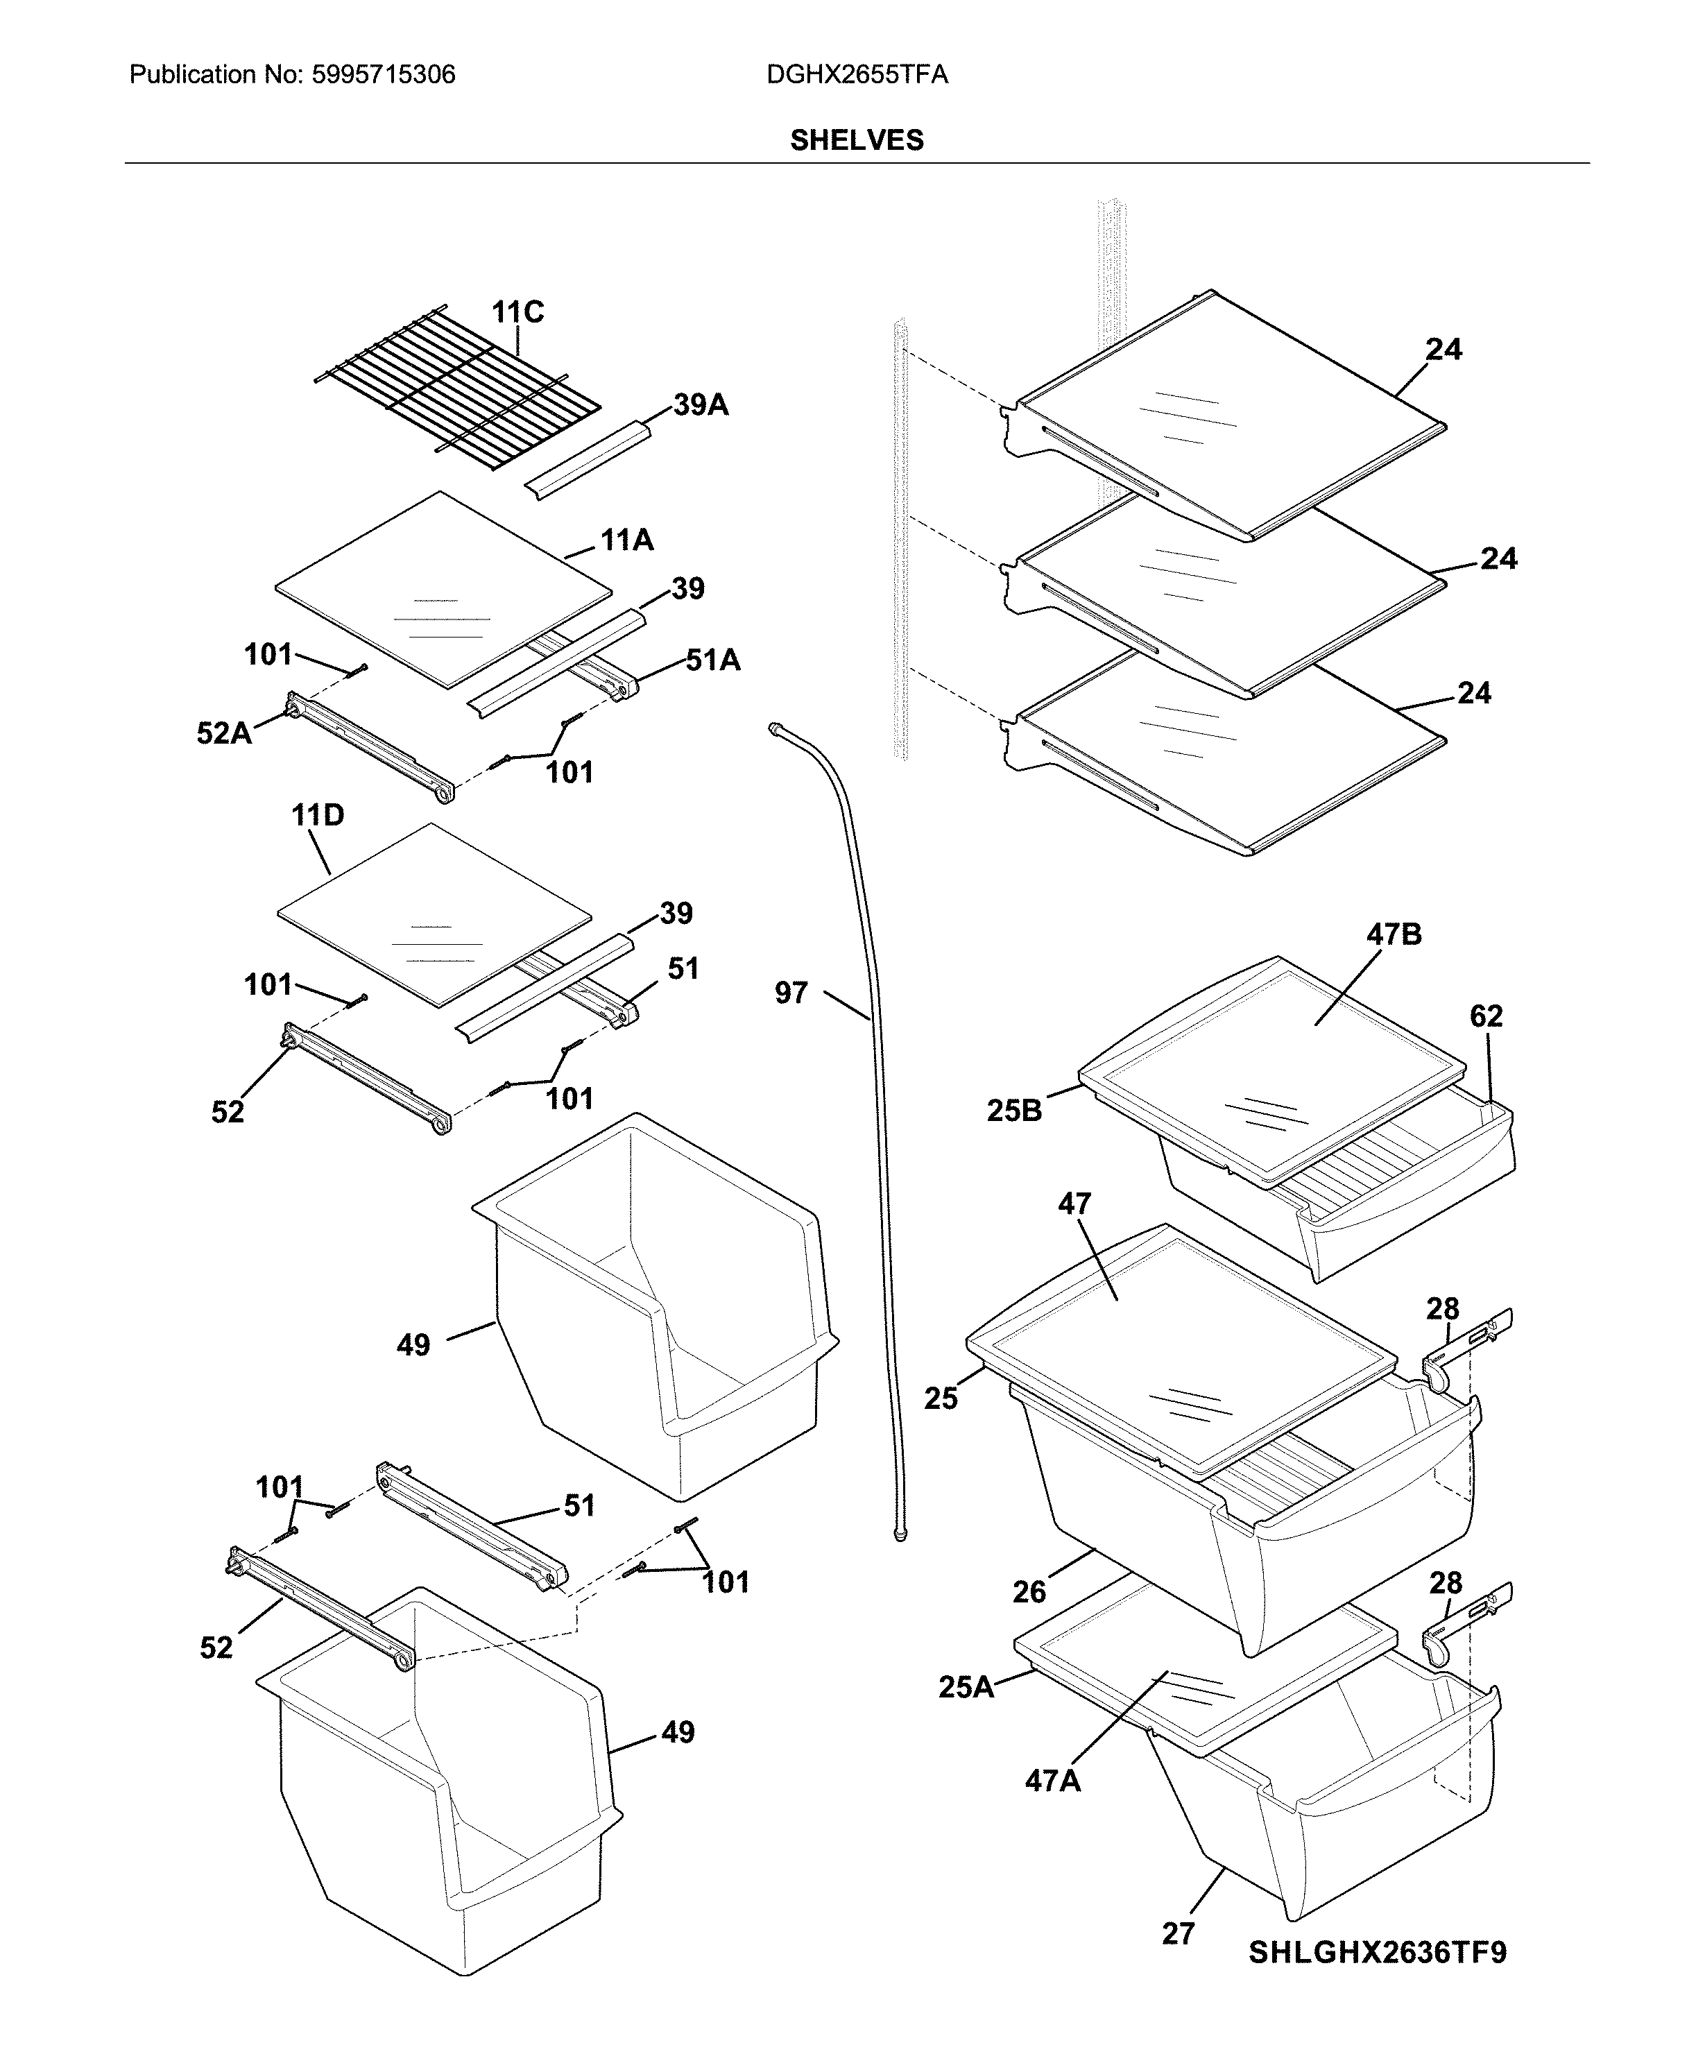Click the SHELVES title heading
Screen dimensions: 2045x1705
(x=856, y=140)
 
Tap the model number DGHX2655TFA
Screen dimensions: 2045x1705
(x=856, y=75)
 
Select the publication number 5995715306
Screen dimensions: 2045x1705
(x=383, y=75)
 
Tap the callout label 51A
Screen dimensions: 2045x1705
(x=713, y=660)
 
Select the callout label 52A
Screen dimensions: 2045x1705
(x=224, y=733)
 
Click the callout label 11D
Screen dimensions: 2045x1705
(x=318, y=815)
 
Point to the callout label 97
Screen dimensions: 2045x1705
(x=791, y=993)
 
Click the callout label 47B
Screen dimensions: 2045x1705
(x=1394, y=935)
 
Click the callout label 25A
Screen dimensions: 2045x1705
(x=966, y=1686)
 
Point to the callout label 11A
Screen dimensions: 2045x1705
(x=626, y=540)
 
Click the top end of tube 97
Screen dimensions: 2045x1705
(x=775, y=728)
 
